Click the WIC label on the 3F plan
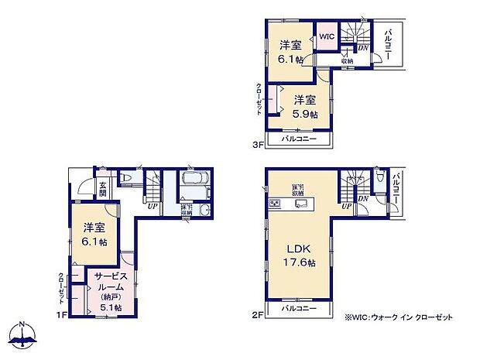coord(326,36)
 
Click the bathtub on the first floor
coord(193,179)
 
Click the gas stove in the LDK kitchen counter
coord(274,204)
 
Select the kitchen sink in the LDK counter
coord(301,204)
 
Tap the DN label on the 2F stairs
coord(362,199)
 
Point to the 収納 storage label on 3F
coord(346,60)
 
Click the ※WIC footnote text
coord(399,317)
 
